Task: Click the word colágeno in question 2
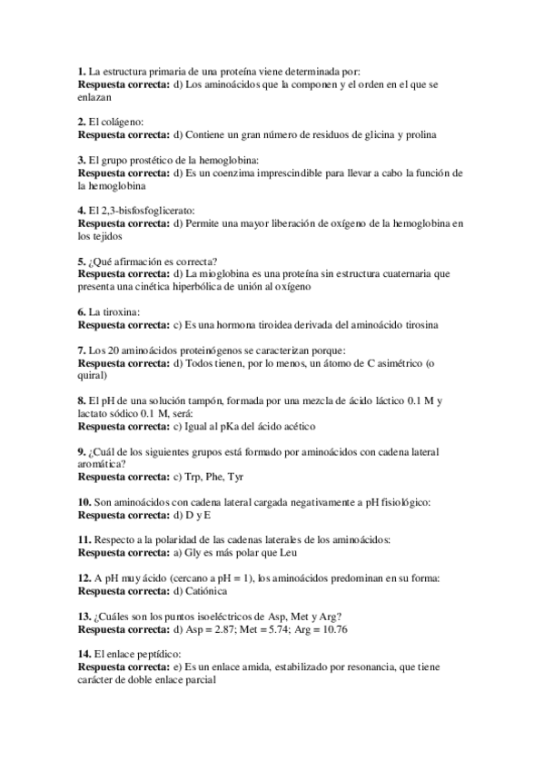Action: (x=121, y=121)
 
